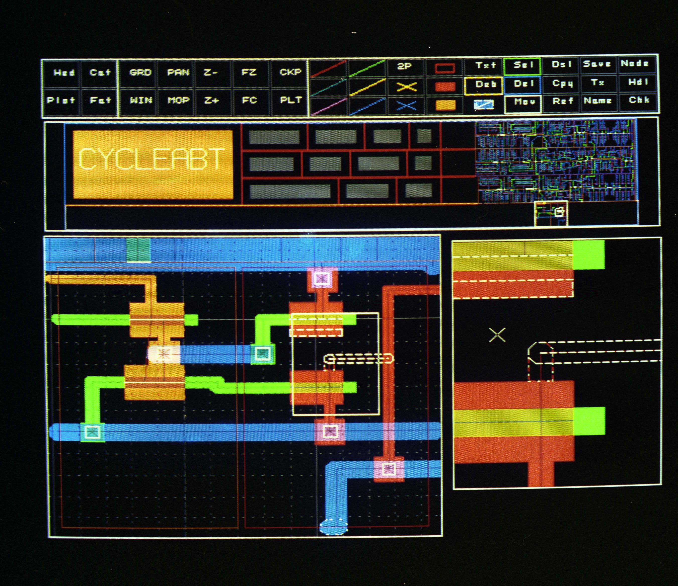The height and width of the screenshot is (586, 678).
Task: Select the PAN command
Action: pos(178,72)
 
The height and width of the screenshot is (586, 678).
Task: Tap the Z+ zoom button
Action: pos(211,100)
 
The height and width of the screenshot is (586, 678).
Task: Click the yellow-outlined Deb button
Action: pos(484,85)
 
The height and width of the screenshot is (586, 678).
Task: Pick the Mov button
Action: pos(523,102)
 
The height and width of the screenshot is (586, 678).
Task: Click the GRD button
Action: pos(140,72)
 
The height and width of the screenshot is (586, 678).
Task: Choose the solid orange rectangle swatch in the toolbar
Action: pos(445,105)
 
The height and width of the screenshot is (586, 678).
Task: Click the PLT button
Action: pos(290,100)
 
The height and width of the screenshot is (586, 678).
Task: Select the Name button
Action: pos(597,101)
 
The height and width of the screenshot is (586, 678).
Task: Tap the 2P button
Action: pos(404,66)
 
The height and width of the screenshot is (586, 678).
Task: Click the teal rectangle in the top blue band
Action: pos(138,250)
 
